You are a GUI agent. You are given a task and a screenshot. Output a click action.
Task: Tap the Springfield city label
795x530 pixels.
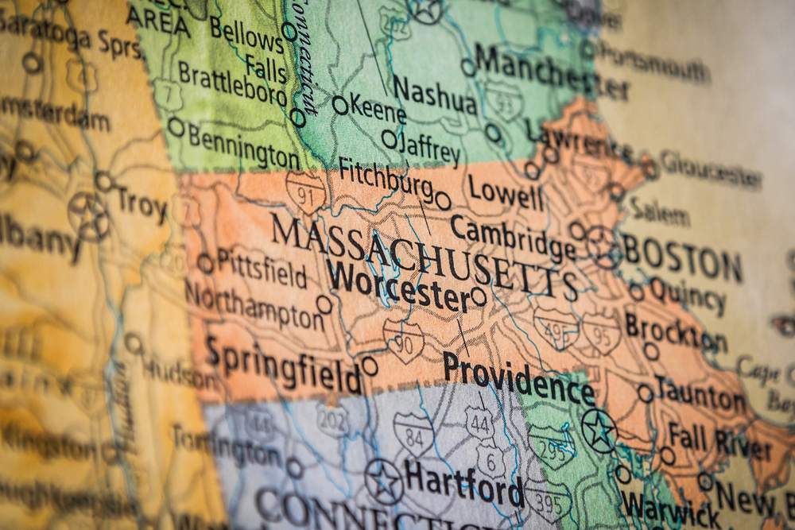[284, 366]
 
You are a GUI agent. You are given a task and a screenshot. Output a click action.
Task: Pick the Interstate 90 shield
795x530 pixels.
[402, 340]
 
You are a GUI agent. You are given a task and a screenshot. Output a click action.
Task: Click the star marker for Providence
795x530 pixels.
[599, 430]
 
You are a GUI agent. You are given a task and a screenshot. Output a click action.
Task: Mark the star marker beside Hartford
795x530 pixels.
[384, 482]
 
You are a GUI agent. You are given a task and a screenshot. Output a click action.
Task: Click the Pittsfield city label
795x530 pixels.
[262, 268]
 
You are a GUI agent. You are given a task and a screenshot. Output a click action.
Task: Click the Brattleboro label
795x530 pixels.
[231, 83]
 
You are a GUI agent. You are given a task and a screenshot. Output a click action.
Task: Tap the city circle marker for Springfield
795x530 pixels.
[370, 366]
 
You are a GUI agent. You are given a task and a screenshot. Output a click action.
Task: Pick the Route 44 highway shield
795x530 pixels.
[479, 422]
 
